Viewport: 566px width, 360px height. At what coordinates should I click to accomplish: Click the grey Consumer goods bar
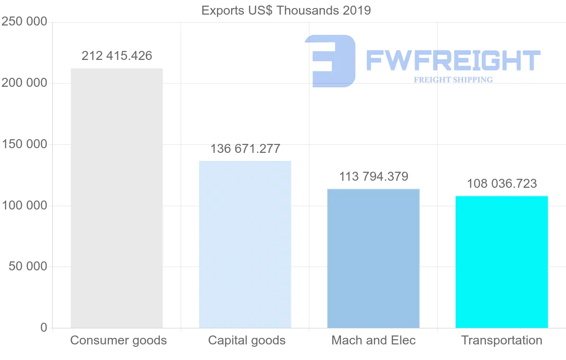coord(117,198)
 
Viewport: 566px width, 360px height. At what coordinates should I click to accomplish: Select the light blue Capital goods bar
coord(245,244)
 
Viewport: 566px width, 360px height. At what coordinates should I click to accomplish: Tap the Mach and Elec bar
coord(373,259)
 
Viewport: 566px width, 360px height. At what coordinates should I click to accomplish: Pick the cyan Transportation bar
coord(501,262)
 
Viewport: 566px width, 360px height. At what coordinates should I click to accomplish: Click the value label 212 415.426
coord(117,56)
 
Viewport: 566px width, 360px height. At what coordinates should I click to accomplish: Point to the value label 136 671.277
coord(245,149)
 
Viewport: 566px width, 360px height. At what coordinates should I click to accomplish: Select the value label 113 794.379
coord(374,176)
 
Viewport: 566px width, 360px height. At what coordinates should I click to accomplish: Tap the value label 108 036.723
coord(502,184)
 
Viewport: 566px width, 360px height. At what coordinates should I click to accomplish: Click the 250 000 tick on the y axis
coord(24,22)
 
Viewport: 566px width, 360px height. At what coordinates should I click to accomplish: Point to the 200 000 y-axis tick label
coord(24,83)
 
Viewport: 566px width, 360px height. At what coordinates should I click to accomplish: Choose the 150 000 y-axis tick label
coord(24,144)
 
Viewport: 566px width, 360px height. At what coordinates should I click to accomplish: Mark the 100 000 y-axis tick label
coord(24,206)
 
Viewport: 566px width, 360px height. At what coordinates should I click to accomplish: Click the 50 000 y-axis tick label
coord(28,267)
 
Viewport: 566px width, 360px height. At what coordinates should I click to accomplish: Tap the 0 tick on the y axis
coord(44,327)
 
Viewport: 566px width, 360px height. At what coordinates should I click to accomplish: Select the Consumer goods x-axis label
coord(118,340)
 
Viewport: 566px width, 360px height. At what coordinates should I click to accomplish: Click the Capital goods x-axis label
coord(247,340)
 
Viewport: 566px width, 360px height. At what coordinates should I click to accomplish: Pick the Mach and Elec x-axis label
coord(374,340)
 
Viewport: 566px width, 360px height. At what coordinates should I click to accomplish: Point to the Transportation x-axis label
coord(502,340)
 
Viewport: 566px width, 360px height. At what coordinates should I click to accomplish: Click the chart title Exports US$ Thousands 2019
coord(286,10)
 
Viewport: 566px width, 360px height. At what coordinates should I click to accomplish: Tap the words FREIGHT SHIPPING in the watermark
coord(453,80)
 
